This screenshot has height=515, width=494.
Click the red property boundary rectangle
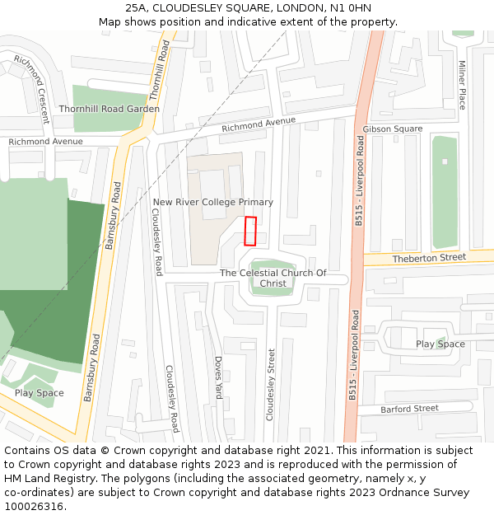click(x=250, y=231)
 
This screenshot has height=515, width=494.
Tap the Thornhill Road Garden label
click(x=109, y=109)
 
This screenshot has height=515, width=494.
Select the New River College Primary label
click(x=212, y=202)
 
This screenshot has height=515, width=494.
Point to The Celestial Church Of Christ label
click(x=273, y=279)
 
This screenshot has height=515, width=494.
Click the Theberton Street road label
click(x=429, y=257)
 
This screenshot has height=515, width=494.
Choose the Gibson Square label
click(x=392, y=129)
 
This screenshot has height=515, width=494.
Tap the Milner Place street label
click(x=462, y=84)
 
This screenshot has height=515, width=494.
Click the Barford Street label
click(x=409, y=409)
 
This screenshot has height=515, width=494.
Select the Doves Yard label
click(x=218, y=377)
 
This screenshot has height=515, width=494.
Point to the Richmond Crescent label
click(x=32, y=88)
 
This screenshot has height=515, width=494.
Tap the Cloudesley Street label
click(x=270, y=384)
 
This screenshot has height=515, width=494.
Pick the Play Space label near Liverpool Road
click(x=440, y=344)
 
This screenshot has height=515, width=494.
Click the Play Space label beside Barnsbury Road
click(x=39, y=393)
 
